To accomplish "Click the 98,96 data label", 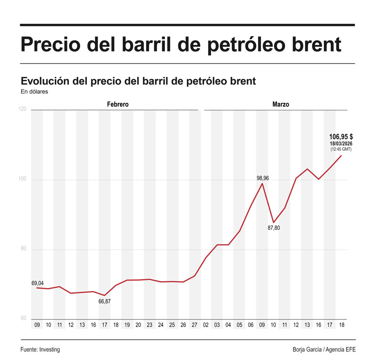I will point(262,178).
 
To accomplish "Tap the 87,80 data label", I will point(274,228).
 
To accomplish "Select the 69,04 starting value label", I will point(38,283).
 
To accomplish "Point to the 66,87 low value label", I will point(104,301).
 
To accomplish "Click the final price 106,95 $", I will point(341,136).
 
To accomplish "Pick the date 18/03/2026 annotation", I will point(341,143).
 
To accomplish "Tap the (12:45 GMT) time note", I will point(341,149).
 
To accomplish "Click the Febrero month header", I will point(117,104).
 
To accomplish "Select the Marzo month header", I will point(280,104).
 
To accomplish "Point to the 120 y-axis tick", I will point(23,110).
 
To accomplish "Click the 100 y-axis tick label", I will point(23,179).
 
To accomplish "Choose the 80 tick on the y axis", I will point(23,249).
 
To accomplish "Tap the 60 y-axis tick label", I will point(23,319).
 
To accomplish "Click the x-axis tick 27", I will point(194,325).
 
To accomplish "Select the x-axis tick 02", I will point(206,325).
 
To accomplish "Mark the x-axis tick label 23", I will point(149,325).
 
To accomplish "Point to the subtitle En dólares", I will point(34,92).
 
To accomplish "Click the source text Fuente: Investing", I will point(40,350).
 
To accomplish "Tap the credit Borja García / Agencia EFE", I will point(324,350).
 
